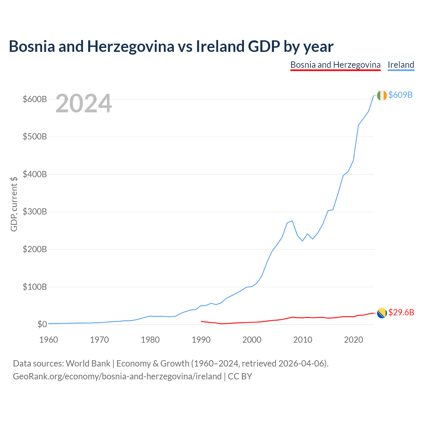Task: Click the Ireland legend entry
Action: pyautogui.click(x=401, y=65)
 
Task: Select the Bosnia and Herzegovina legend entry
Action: pyautogui.click(x=335, y=65)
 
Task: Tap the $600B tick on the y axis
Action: pyautogui.click(x=35, y=99)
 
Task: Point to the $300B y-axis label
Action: pyautogui.click(x=35, y=211)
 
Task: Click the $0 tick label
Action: pyautogui.click(x=42, y=324)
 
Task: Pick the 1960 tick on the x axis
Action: pyautogui.click(x=49, y=340)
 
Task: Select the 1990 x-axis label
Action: pyautogui.click(x=201, y=340)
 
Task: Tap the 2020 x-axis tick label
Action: pyautogui.click(x=353, y=340)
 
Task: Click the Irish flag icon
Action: pyautogui.click(x=382, y=96)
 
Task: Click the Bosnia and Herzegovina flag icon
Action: pyautogui.click(x=382, y=313)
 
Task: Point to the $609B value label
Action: pyautogui.click(x=401, y=95)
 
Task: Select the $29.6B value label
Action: pyautogui.click(x=401, y=312)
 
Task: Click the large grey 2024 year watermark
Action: pyautogui.click(x=84, y=103)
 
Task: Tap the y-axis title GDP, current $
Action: pyautogui.click(x=14, y=204)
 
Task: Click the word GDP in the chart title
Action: pyautogui.click(x=264, y=46)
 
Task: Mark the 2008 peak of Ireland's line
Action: pyautogui.click(x=292, y=221)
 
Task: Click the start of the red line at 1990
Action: pyautogui.click(x=201, y=321)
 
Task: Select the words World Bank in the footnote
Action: pyautogui.click(x=88, y=364)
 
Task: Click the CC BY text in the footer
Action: pyautogui.click(x=240, y=376)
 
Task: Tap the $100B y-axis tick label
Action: pyautogui.click(x=35, y=287)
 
